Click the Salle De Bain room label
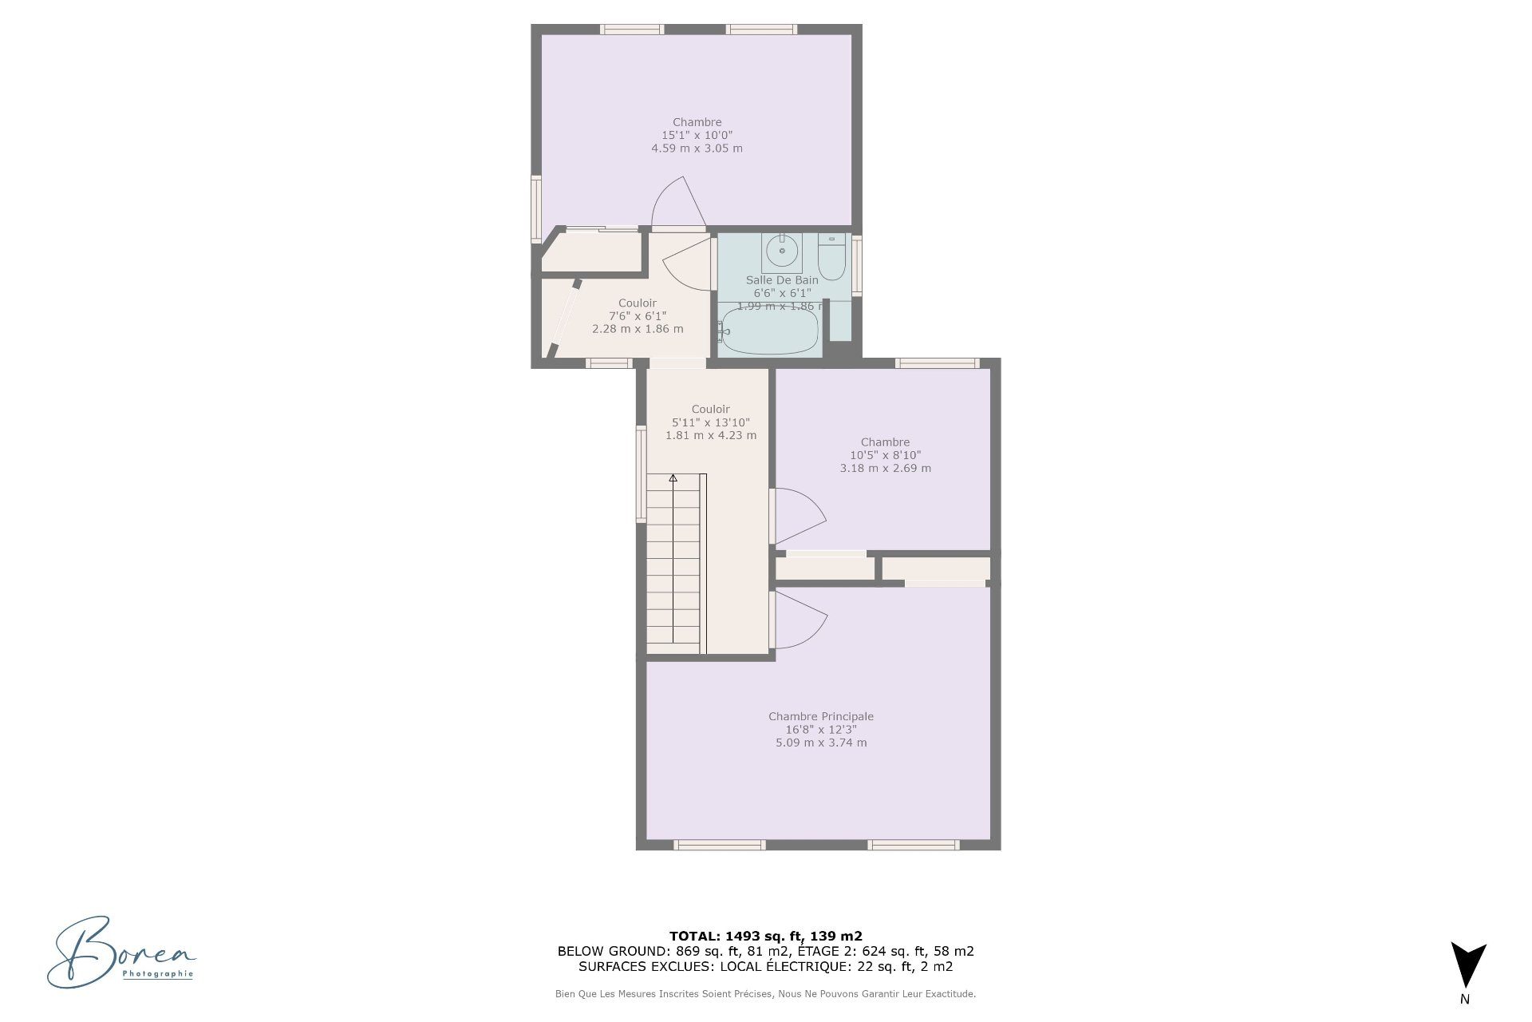(782, 280)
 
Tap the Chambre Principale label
(821, 717)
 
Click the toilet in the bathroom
(831, 257)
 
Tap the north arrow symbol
(1468, 965)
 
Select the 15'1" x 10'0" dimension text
(697, 136)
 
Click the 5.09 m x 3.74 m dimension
(821, 743)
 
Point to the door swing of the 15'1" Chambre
(679, 203)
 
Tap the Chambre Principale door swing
(800, 620)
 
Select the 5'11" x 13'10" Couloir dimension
(710, 422)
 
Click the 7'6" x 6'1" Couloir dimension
(638, 316)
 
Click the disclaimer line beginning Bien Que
(765, 994)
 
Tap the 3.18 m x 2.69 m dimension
(885, 468)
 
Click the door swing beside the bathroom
(687, 263)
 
